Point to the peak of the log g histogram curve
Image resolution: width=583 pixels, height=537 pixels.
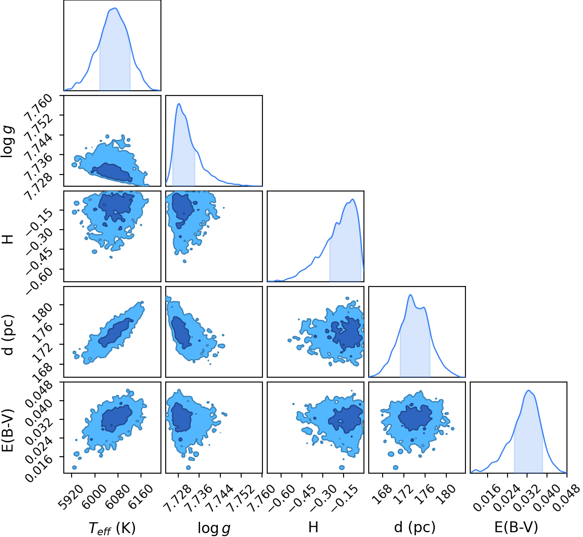click(x=179, y=104)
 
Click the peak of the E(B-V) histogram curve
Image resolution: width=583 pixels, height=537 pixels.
click(x=528, y=390)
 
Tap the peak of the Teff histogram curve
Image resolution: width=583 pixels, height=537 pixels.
click(x=115, y=8)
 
